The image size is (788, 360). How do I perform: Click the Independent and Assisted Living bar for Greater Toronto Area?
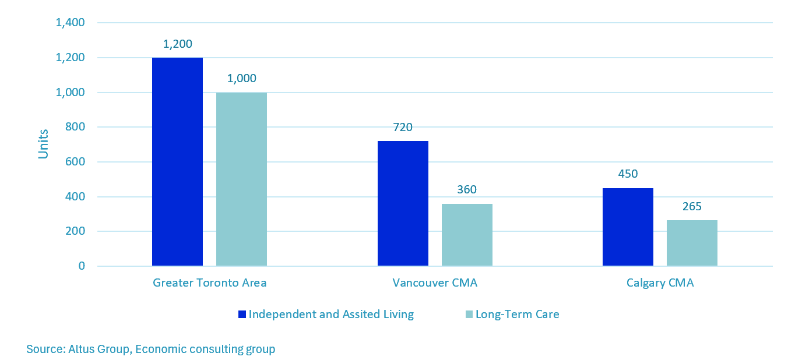pyautogui.click(x=177, y=162)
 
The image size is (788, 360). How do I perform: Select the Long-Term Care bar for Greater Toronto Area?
pyautogui.click(x=241, y=179)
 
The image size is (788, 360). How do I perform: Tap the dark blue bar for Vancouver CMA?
pyautogui.click(x=403, y=203)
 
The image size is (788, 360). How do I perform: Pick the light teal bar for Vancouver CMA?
pyautogui.click(x=467, y=235)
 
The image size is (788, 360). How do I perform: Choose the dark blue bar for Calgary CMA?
pyautogui.click(x=628, y=227)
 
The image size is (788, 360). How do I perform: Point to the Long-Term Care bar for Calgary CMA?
pyautogui.click(x=692, y=243)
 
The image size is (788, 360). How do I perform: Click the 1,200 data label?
pyautogui.click(x=178, y=44)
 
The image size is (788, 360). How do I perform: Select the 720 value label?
pyautogui.click(x=403, y=127)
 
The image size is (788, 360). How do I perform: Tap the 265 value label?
pyautogui.click(x=692, y=206)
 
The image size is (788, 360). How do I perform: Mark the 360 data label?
pyautogui.click(x=467, y=190)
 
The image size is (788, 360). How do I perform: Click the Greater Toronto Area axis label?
pyautogui.click(x=209, y=283)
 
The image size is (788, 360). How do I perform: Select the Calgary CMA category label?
pyautogui.click(x=660, y=283)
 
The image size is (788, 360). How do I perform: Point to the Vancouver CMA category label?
pyautogui.click(x=435, y=283)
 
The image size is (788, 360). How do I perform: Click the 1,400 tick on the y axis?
pyautogui.click(x=70, y=23)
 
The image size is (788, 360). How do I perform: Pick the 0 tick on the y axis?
pyautogui.click(x=82, y=266)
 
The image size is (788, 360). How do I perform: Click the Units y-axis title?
pyautogui.click(x=44, y=144)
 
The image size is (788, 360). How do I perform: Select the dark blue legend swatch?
pyautogui.click(x=242, y=315)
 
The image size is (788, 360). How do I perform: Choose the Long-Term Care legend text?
pyautogui.click(x=517, y=315)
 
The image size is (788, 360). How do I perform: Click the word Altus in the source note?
pyautogui.click(x=83, y=350)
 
